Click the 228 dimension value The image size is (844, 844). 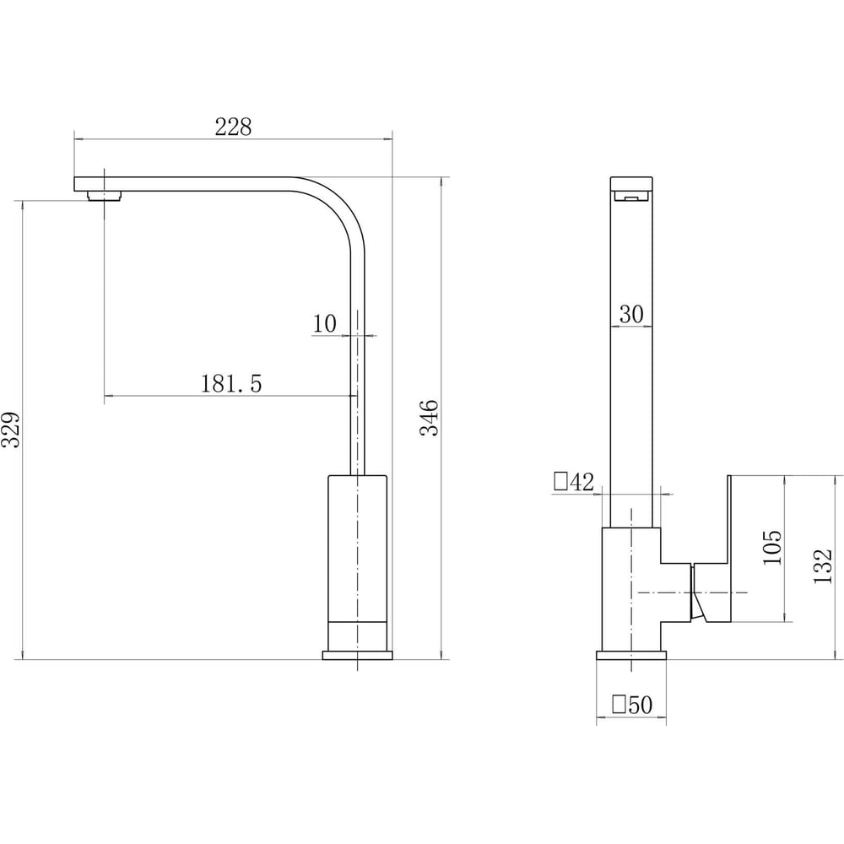(x=233, y=127)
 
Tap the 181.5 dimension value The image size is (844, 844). (x=231, y=384)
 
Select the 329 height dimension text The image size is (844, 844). (x=11, y=430)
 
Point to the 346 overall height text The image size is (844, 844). (x=429, y=418)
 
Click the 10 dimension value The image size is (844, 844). (x=325, y=323)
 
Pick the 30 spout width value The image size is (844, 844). (x=631, y=314)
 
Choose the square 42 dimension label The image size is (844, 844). (x=574, y=482)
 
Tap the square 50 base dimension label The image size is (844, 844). (x=632, y=705)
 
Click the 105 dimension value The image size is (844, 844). (x=772, y=548)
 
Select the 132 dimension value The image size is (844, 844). (x=823, y=566)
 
